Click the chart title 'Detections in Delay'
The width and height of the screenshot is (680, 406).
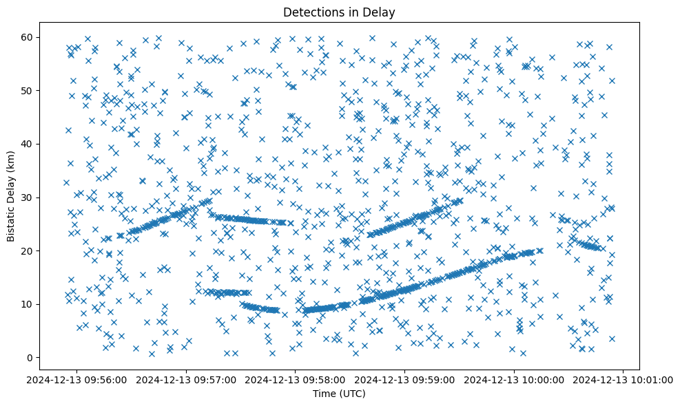pyautogui.click(x=340, y=12)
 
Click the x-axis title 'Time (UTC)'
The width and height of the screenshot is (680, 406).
pyautogui.click(x=340, y=394)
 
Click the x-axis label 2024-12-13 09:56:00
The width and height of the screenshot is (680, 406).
pyautogui.click(x=76, y=379)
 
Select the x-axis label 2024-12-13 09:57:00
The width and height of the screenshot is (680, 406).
pyautogui.click(x=186, y=379)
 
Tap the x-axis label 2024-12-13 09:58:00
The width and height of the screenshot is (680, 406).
pyautogui.click(x=296, y=379)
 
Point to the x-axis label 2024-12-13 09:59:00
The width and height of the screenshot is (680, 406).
pyautogui.click(x=405, y=379)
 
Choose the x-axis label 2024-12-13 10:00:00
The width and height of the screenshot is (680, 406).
pyautogui.click(x=515, y=379)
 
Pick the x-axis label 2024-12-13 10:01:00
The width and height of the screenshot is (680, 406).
pyautogui.click(x=624, y=379)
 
